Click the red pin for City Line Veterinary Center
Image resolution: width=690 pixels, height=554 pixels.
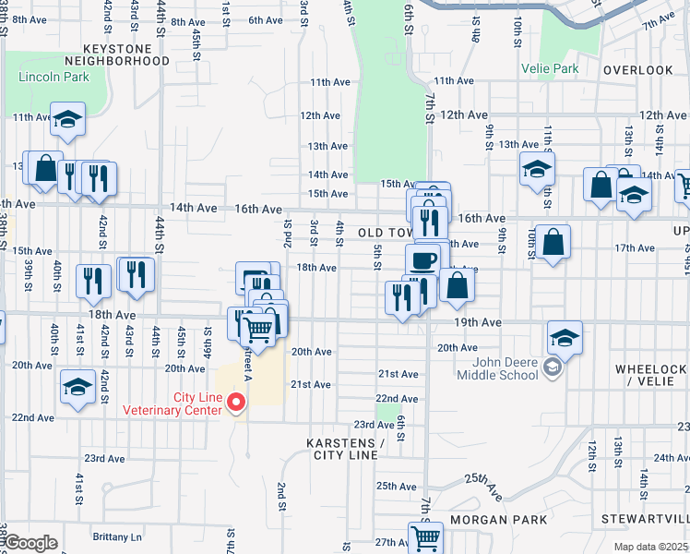click(236, 402)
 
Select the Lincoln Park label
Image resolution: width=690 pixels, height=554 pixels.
click(54, 77)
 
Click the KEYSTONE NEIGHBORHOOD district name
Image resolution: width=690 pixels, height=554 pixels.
click(126, 54)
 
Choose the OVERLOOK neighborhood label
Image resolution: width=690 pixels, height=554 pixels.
click(637, 70)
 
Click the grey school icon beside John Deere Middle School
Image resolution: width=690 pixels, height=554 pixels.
click(552, 368)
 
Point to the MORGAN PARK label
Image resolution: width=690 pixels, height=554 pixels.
click(506, 519)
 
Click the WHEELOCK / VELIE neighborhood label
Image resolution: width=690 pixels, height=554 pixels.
click(650, 375)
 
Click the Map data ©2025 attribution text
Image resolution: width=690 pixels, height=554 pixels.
click(650, 547)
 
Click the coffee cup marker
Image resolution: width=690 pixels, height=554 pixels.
click(423, 260)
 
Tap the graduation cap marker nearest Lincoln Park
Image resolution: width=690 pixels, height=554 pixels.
click(67, 121)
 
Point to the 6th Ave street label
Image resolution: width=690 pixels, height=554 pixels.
click(265, 20)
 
